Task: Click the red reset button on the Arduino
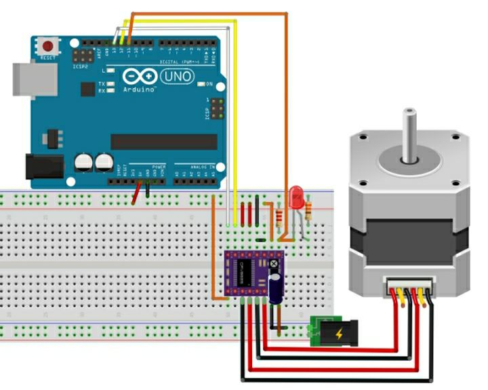click(47, 47)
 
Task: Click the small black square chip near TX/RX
click(88, 89)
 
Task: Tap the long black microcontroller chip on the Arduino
click(164, 141)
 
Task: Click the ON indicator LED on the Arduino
click(201, 84)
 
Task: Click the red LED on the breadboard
click(296, 198)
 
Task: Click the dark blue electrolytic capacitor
click(276, 288)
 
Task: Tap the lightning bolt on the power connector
click(340, 334)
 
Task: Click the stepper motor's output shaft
click(409, 136)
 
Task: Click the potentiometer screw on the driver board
click(274, 263)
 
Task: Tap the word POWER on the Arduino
click(159, 166)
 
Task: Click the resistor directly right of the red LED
click(310, 211)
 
